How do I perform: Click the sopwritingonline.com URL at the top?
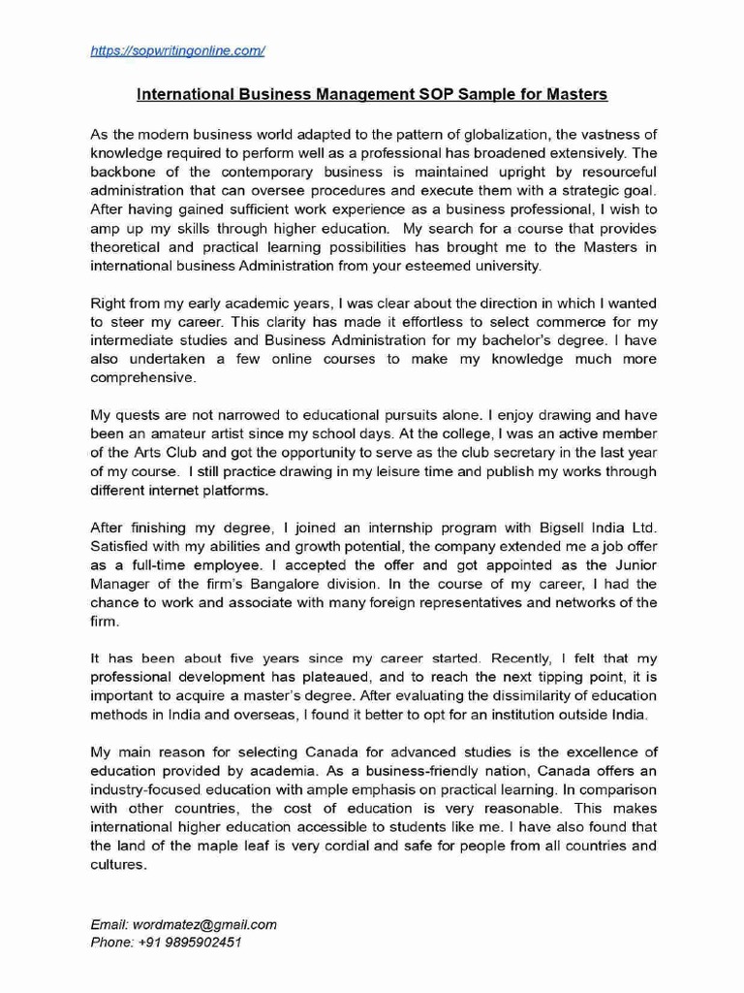(177, 50)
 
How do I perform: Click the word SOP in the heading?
(444, 94)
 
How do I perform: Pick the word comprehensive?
(143, 376)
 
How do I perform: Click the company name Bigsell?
(561, 528)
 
